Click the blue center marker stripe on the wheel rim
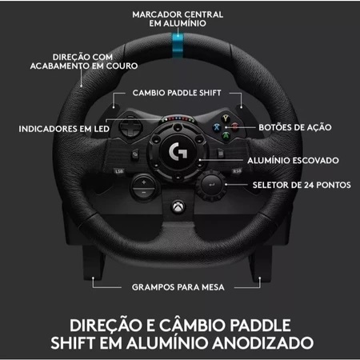click(x=178, y=46)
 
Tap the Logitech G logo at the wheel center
click(x=178, y=151)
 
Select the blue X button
click(x=217, y=127)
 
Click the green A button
click(x=226, y=135)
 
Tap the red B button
click(x=234, y=126)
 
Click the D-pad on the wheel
click(x=130, y=126)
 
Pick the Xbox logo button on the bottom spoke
click(x=178, y=207)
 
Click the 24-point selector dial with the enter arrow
click(x=211, y=185)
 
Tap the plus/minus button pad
click(x=144, y=187)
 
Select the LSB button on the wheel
click(x=119, y=171)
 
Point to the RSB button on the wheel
click(x=237, y=171)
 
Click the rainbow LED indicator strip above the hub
click(x=178, y=118)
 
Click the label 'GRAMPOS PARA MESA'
click(x=178, y=287)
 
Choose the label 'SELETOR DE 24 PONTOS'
click(x=302, y=185)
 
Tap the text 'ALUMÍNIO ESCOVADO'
click(x=293, y=161)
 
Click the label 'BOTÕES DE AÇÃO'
click(x=295, y=127)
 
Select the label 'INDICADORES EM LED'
click(x=64, y=129)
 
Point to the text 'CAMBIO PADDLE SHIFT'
click(x=177, y=93)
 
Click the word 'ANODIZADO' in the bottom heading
click(x=263, y=343)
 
